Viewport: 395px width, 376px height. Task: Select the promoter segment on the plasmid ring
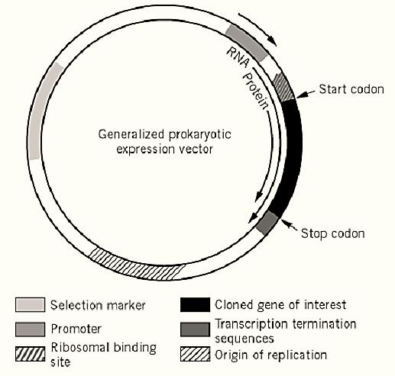pyautogui.click(x=247, y=43)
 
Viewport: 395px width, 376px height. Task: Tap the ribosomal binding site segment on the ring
pyautogui.click(x=283, y=87)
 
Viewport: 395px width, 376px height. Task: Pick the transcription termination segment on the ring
pyautogui.click(x=267, y=223)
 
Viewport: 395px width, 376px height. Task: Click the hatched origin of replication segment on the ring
pyautogui.click(x=138, y=265)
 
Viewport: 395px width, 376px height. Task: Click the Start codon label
pyautogui.click(x=351, y=89)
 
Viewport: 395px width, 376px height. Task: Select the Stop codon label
pyautogui.click(x=333, y=233)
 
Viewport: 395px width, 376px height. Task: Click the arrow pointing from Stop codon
pyautogui.click(x=289, y=224)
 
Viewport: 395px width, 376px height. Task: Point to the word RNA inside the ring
pyautogui.click(x=238, y=57)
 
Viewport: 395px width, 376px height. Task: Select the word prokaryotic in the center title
pyautogui.click(x=200, y=134)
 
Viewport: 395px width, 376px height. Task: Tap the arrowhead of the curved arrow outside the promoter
pyautogui.click(x=273, y=41)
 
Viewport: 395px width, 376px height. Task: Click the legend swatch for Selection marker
pyautogui.click(x=30, y=305)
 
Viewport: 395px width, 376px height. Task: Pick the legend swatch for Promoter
pyautogui.click(x=30, y=329)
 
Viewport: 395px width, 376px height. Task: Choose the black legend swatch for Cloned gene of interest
pyautogui.click(x=195, y=305)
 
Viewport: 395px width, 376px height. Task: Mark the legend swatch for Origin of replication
pyautogui.click(x=195, y=354)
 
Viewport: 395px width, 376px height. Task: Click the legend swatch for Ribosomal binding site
pyautogui.click(x=30, y=354)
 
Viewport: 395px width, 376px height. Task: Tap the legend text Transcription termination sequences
pyautogui.click(x=285, y=331)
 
